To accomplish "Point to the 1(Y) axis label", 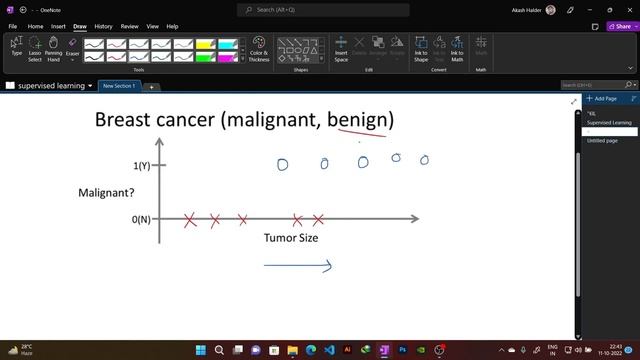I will pos(142,165).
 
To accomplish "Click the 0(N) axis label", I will pos(142,219).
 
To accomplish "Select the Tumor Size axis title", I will pos(291,238).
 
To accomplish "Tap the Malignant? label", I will pos(107,192).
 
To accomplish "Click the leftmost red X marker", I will pos(190,220).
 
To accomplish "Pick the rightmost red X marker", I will pos(318,220).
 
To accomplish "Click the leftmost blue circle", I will pos(282,164).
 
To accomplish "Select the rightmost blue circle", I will pos(424,160).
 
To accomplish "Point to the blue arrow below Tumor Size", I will pos(297,265).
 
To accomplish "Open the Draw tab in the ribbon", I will pos(80,26).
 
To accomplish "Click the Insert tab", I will pos(58,26).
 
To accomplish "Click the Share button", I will pos(619,26).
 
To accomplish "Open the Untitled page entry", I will pos(603,141).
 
